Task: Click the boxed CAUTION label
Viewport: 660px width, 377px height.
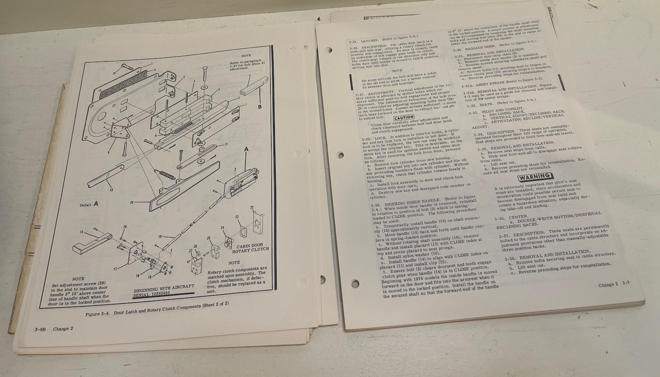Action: click(403, 117)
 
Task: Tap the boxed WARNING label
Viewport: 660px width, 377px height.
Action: click(534, 176)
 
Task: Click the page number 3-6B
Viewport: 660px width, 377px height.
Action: click(41, 329)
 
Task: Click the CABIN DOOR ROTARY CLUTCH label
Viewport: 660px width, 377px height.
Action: click(249, 248)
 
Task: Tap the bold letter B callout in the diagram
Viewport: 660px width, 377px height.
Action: click(260, 107)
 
